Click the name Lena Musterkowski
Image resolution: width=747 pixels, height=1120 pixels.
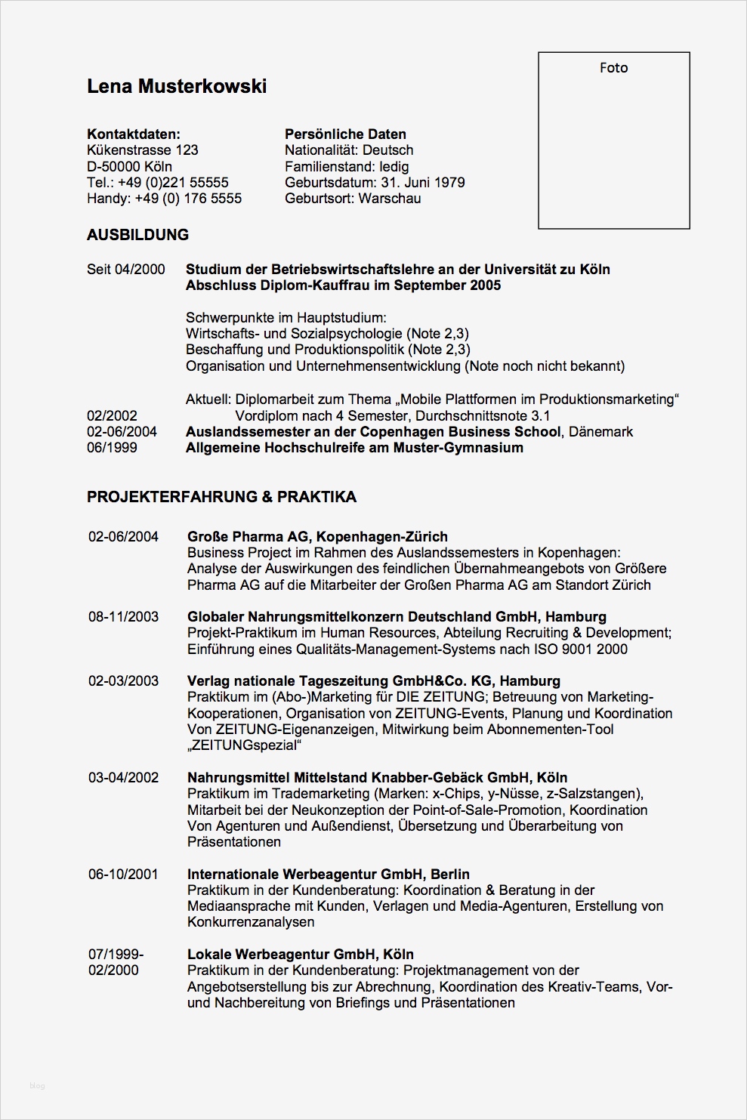click(x=177, y=87)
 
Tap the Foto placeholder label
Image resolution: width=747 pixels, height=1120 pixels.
click(x=613, y=68)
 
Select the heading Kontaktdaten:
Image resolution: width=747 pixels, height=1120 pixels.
click(x=134, y=134)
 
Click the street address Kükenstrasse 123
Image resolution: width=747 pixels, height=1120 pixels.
click(x=143, y=150)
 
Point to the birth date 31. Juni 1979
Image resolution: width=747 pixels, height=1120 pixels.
click(x=422, y=183)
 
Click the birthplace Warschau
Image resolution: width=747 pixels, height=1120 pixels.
click(x=390, y=199)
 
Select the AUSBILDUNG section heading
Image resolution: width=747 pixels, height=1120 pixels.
click(x=137, y=235)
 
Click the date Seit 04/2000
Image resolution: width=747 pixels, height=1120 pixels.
click(x=125, y=270)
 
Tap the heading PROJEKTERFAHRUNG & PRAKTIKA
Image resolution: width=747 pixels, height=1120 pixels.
click(x=221, y=497)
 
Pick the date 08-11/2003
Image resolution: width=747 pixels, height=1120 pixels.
click(x=123, y=617)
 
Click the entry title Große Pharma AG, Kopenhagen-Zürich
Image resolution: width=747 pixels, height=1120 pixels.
click(x=317, y=537)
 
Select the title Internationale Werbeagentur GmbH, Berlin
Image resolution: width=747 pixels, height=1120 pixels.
click(x=329, y=875)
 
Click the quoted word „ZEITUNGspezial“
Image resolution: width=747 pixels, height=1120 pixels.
click(x=244, y=746)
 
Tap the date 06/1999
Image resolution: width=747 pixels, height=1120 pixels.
click(x=112, y=448)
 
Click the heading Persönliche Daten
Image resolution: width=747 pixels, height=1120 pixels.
click(x=345, y=134)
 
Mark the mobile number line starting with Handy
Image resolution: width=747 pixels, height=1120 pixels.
click(x=164, y=199)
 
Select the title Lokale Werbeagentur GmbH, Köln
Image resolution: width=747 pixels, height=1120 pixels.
click(x=301, y=955)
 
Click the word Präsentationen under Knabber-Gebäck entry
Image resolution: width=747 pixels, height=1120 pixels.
click(x=234, y=842)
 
